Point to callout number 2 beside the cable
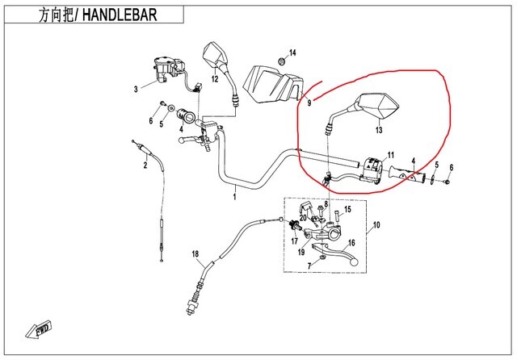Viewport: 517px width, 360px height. pos(145,166)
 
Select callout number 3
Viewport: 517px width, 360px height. pos(136,90)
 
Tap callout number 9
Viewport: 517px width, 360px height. pos(309,103)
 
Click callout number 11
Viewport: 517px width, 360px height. pos(389,154)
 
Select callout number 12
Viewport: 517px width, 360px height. pos(215,79)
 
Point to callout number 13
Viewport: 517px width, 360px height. pos(378,129)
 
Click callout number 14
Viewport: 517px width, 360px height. pos(293,53)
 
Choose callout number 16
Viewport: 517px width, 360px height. pos(351,242)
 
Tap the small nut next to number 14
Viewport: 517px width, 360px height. pos(281,61)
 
